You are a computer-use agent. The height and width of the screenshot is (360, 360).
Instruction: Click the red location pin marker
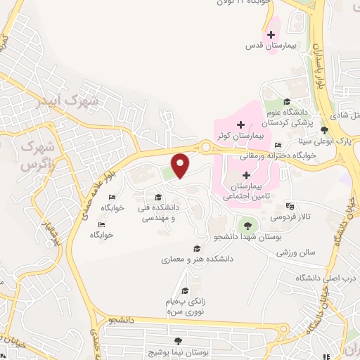coord(181,165)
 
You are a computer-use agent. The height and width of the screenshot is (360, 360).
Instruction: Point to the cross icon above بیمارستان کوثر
coord(241,124)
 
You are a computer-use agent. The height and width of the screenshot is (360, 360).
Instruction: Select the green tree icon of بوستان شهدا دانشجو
coord(247,226)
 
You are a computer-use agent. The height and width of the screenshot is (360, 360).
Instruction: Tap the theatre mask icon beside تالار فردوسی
coord(290,207)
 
